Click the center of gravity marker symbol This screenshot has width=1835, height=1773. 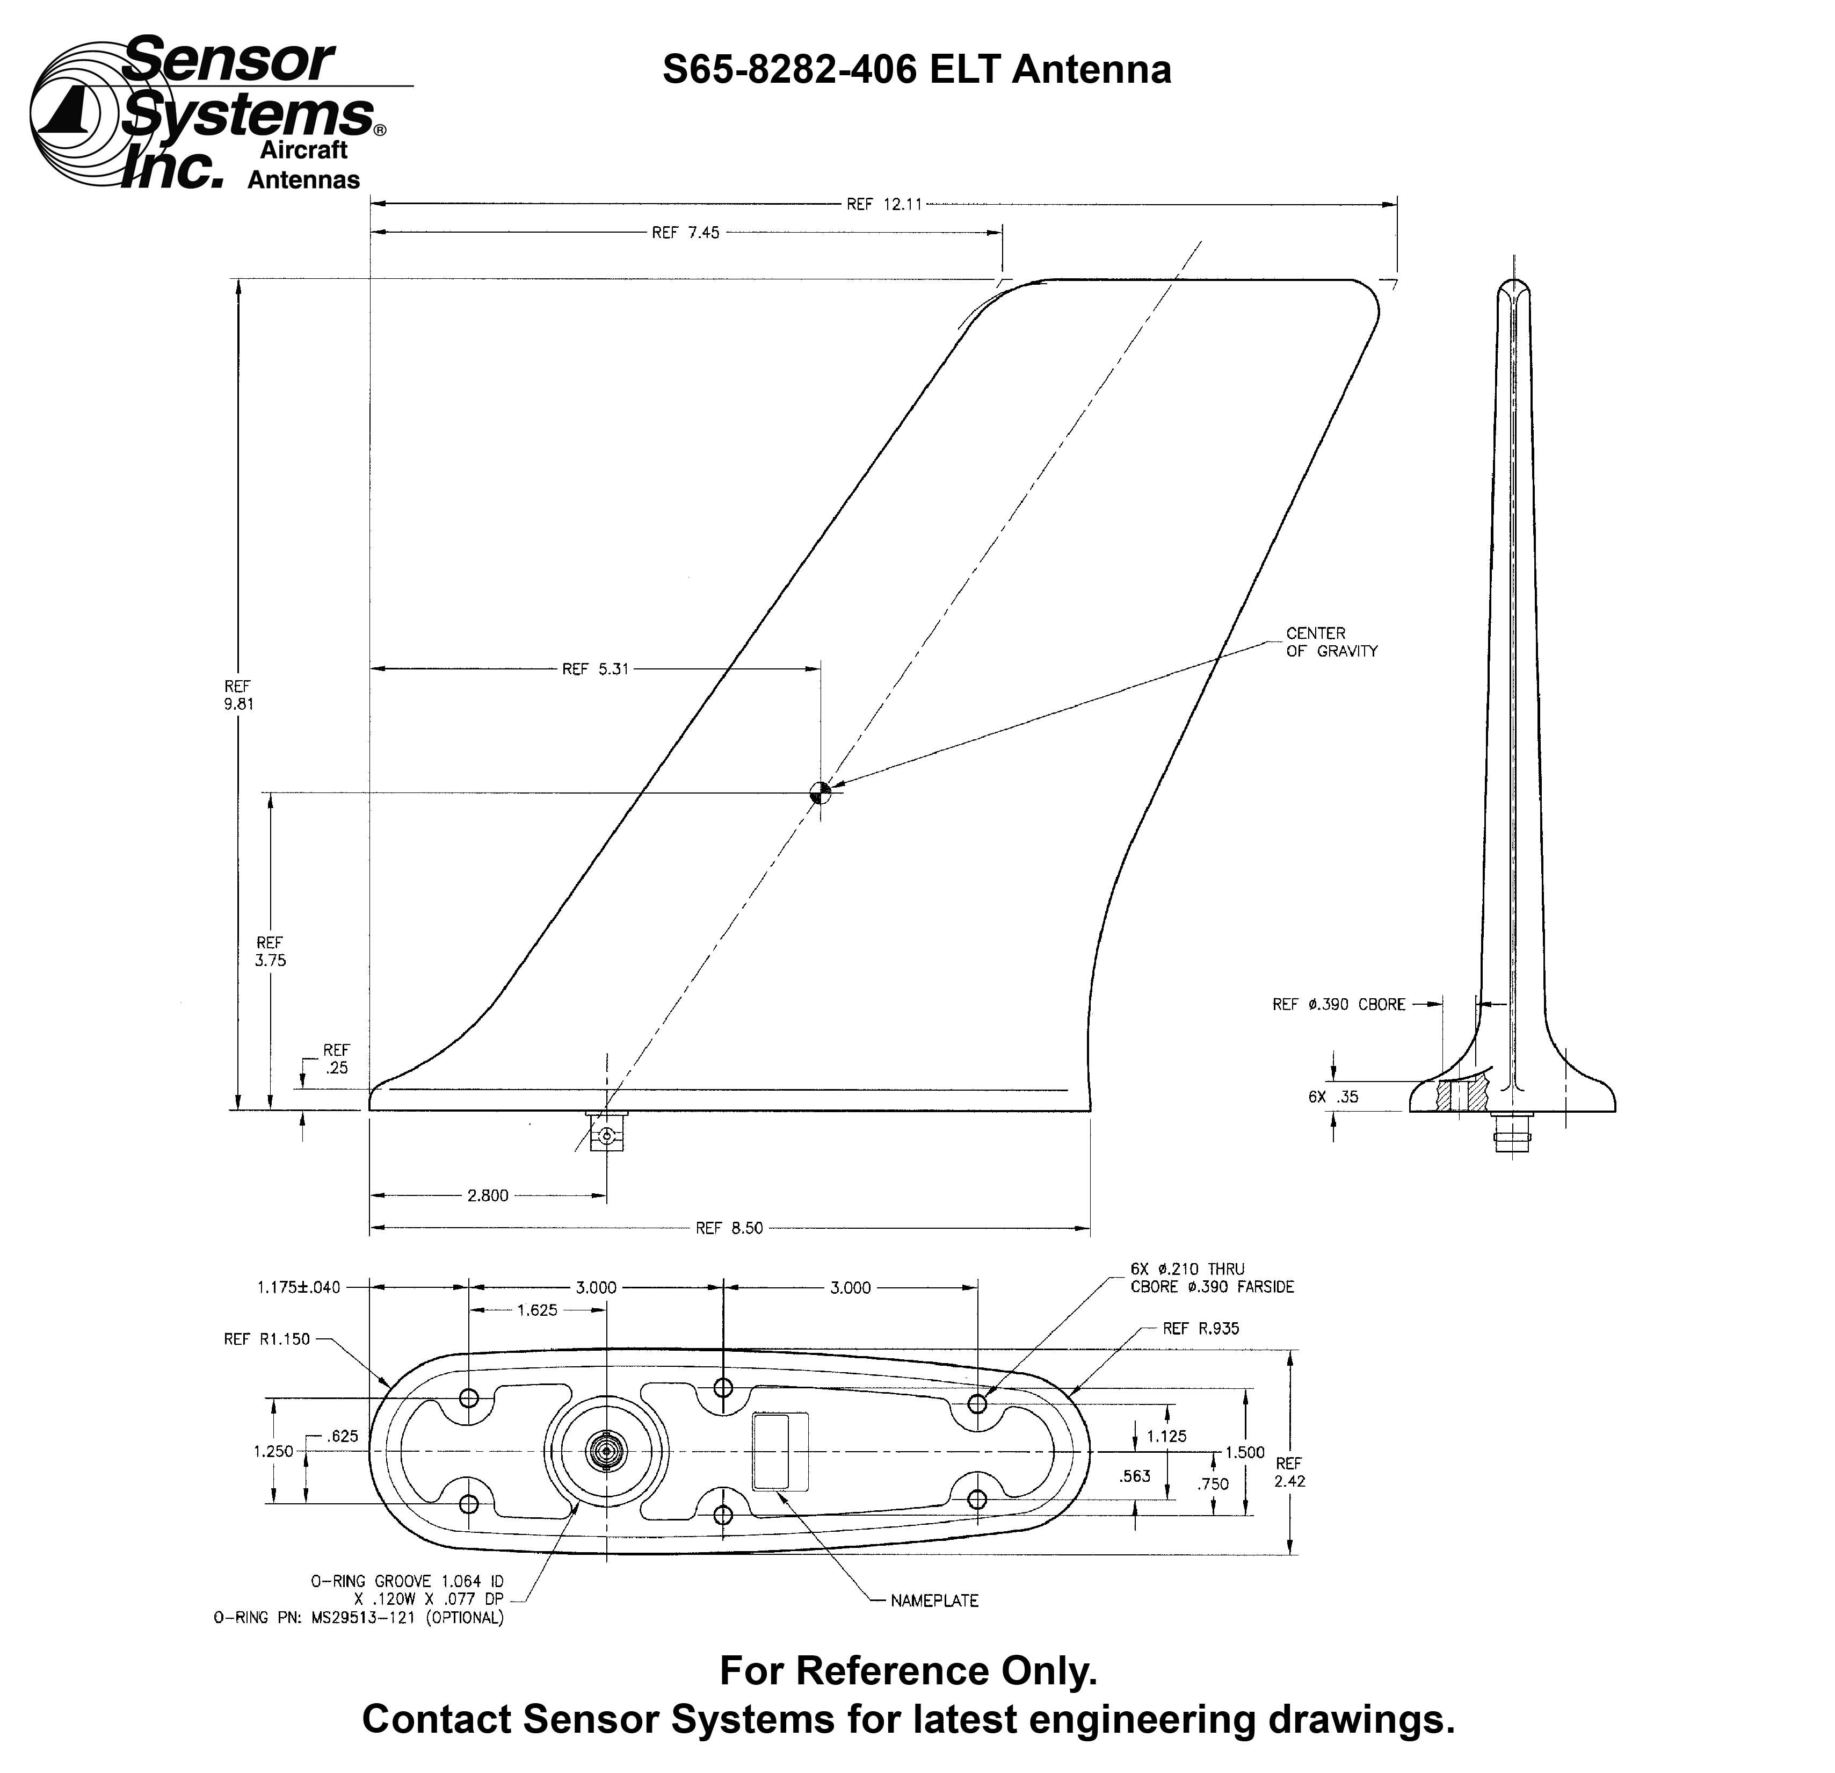[x=820, y=792]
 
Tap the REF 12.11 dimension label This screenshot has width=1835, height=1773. [x=884, y=204]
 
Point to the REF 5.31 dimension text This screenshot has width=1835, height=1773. [x=596, y=669]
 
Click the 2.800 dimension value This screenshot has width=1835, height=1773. [x=488, y=1195]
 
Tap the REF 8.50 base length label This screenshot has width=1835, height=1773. [x=729, y=1228]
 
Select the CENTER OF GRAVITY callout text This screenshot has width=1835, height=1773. [x=1331, y=642]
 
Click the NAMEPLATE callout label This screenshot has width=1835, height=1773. [x=934, y=1601]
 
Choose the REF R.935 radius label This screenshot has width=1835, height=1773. [x=1200, y=1328]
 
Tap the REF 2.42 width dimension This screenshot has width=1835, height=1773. [x=1289, y=1472]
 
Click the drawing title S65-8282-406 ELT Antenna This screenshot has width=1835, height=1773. [x=917, y=70]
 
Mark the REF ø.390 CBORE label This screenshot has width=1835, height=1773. [x=1339, y=1004]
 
